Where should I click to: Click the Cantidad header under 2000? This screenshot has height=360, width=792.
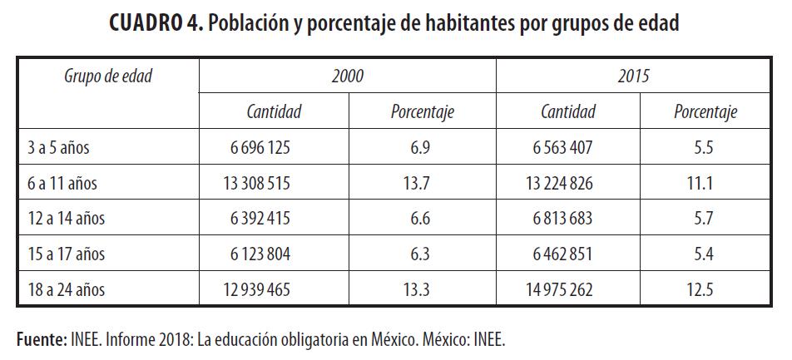274,112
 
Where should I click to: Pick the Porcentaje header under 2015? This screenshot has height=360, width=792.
705,112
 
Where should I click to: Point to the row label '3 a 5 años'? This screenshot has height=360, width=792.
57,148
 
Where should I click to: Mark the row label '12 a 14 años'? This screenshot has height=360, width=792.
65,219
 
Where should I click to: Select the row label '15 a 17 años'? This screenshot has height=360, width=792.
65,255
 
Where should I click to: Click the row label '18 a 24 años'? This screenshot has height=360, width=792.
65,290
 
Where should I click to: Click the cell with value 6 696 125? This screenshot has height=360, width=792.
260,148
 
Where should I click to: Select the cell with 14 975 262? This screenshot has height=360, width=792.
563,290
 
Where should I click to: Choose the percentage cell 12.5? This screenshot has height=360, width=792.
704,290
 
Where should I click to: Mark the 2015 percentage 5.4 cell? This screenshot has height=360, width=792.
704,255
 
